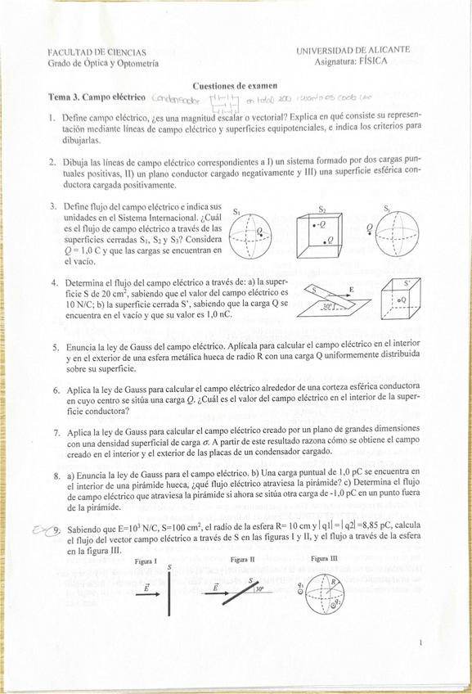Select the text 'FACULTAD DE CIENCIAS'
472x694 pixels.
point(97,52)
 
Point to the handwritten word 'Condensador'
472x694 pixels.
point(175,98)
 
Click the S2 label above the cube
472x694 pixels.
point(322,209)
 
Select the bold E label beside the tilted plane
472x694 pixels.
point(352,290)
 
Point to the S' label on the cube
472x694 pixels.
point(407,283)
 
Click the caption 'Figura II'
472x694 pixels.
point(245,560)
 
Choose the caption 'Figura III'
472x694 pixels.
point(325,558)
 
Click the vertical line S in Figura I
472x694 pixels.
point(169,594)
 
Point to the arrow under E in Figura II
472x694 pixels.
point(216,597)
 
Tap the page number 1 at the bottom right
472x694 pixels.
point(420,645)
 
